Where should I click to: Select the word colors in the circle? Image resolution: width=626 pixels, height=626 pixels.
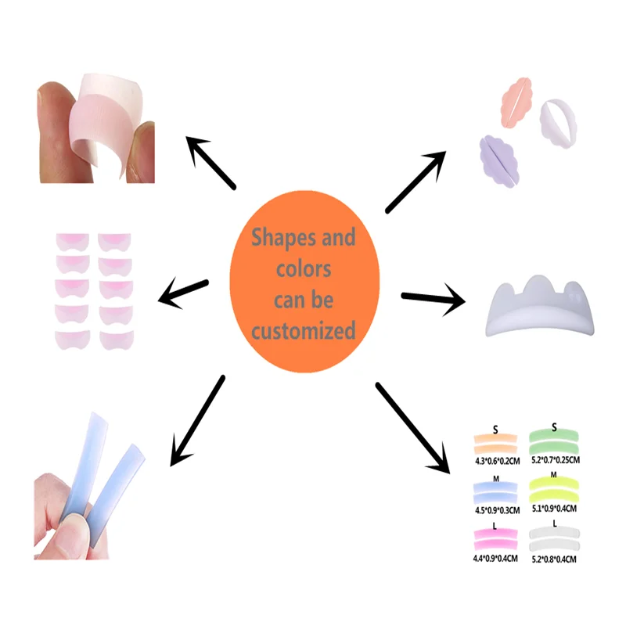304,269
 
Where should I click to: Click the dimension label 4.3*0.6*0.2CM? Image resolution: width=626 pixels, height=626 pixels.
498,462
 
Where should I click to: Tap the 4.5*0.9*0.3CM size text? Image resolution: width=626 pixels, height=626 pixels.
498,509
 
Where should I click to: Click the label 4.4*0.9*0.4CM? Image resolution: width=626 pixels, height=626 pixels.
498,559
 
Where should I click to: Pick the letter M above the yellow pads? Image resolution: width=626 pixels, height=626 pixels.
553,475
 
